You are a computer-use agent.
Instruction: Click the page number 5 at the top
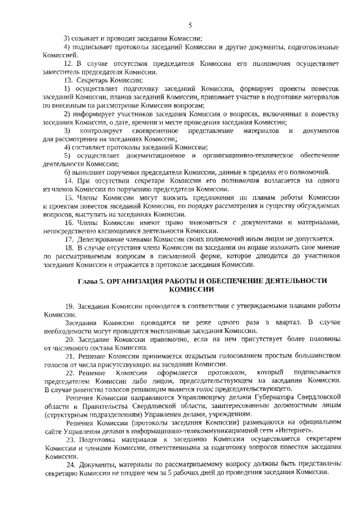[190, 25]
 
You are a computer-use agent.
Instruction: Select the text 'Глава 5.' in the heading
[91, 280]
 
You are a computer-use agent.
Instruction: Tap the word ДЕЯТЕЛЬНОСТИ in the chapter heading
[291, 280]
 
